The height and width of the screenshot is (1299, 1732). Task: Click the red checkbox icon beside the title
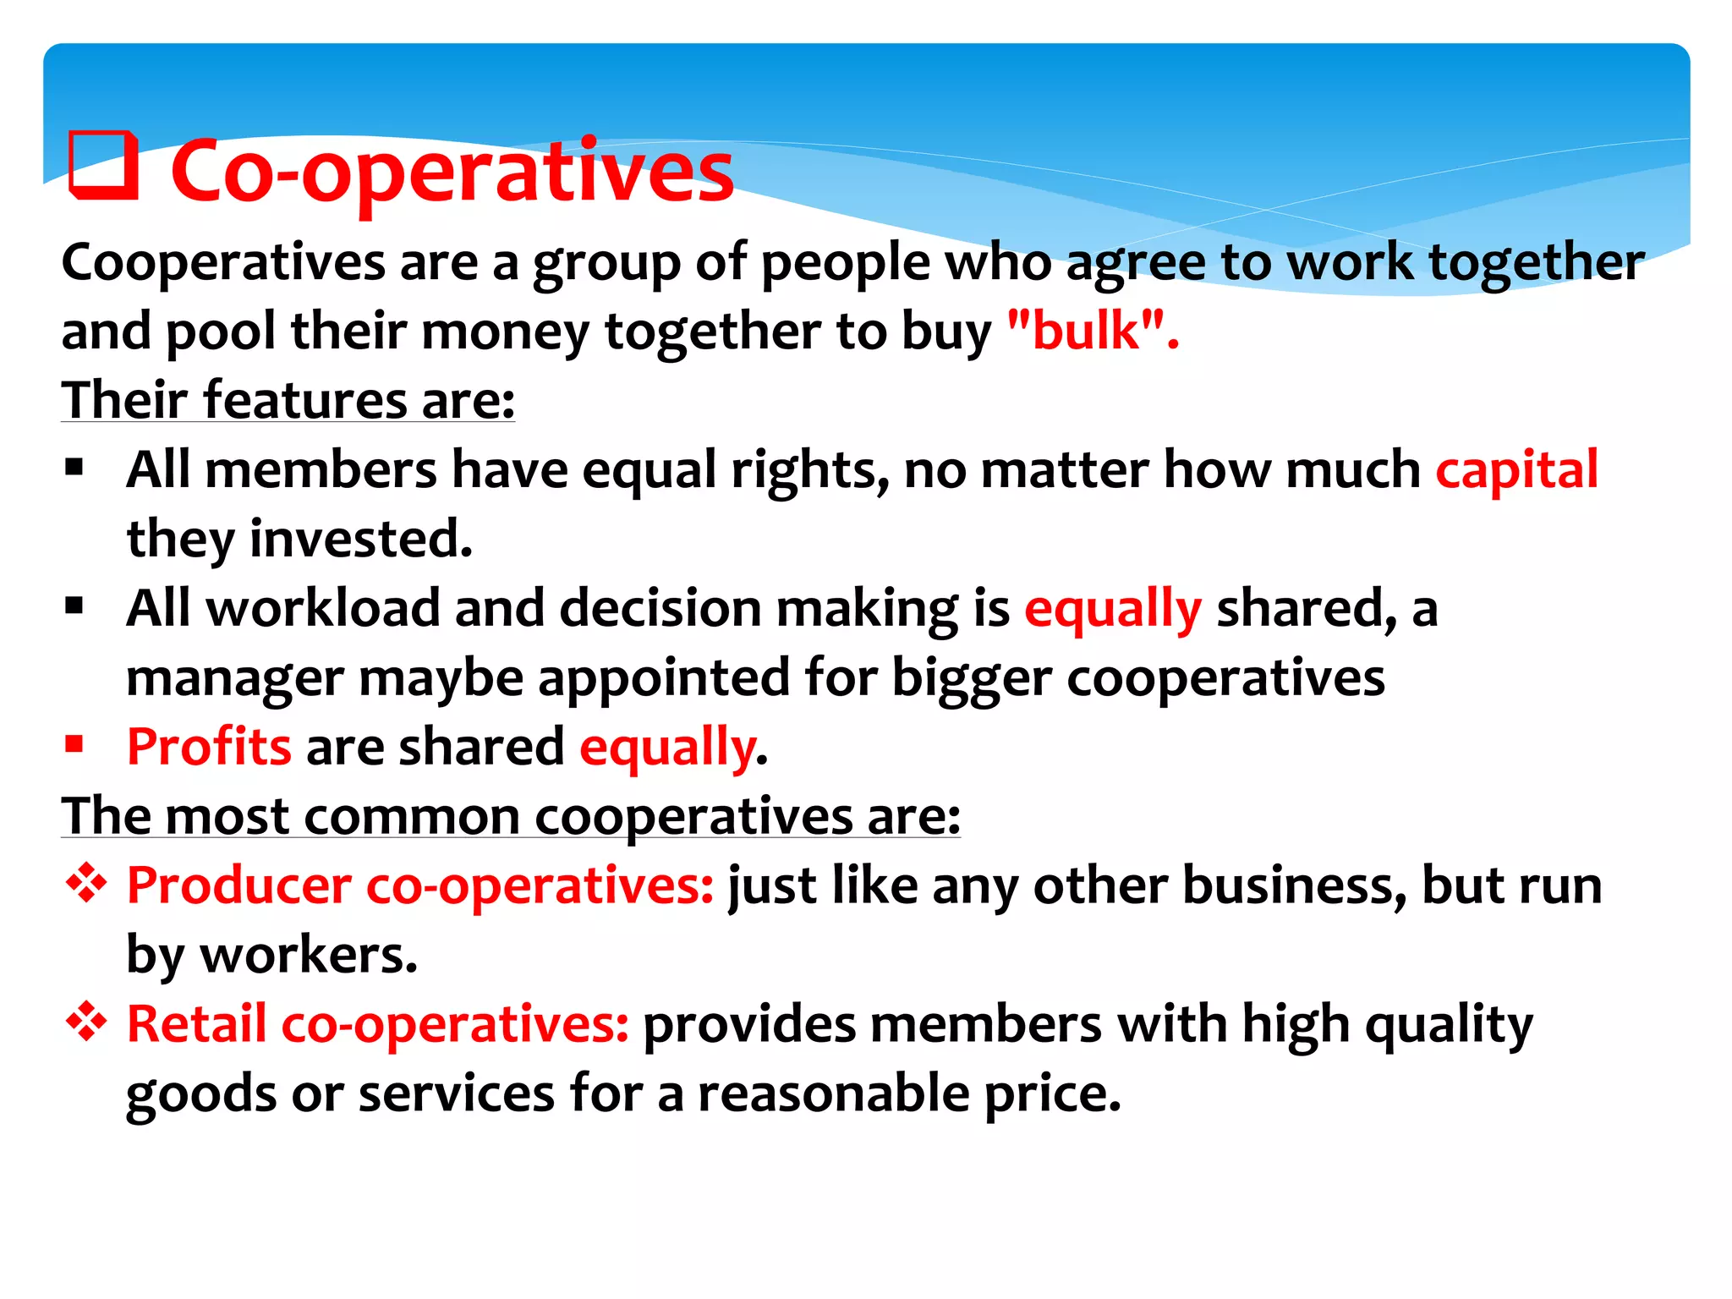[103, 167]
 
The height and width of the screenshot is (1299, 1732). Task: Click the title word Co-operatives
[452, 173]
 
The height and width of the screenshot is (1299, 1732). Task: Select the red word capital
[1516, 470]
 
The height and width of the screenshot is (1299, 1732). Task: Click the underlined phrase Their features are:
[288, 400]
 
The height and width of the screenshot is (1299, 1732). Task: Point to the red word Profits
[209, 748]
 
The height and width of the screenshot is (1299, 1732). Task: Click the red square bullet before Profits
[74, 744]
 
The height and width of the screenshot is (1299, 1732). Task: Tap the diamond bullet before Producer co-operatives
[86, 885]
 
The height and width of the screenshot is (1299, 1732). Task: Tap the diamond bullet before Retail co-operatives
[86, 1023]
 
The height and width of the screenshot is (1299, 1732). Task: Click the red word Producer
[238, 886]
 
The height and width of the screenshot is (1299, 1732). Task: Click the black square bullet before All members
[74, 467]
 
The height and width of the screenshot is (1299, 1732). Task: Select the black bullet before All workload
[74, 606]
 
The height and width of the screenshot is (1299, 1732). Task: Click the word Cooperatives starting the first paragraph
[223, 263]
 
